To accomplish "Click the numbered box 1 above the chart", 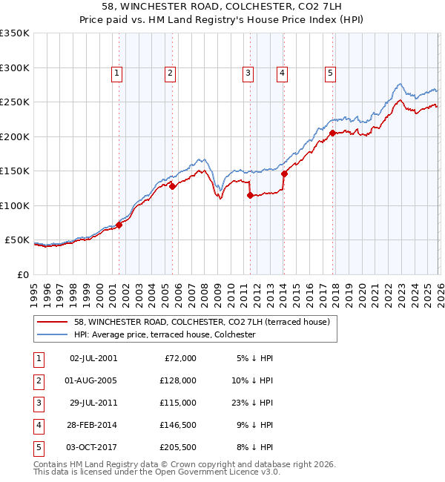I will click(118, 73).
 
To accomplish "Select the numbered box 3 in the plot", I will click(248, 73).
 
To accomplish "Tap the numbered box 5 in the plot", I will click(330, 73).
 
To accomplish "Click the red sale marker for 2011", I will click(250, 196).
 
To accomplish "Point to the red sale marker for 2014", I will click(284, 174).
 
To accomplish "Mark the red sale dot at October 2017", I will click(332, 133).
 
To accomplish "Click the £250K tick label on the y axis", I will click(15, 102).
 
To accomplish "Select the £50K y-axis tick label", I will click(17, 240).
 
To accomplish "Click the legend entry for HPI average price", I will click(164, 334).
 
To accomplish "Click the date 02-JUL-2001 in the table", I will click(93, 358).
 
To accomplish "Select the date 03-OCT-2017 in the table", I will click(93, 447).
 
